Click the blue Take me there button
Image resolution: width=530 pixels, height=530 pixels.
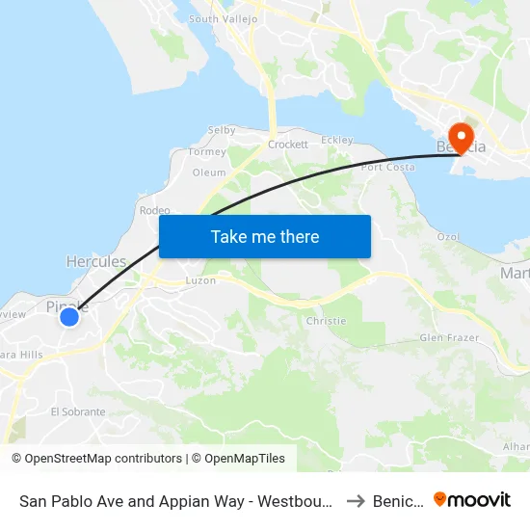pyautogui.click(x=264, y=236)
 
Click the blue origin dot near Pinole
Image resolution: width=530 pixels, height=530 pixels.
pyautogui.click(x=69, y=316)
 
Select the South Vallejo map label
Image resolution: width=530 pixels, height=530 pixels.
pyautogui.click(x=224, y=18)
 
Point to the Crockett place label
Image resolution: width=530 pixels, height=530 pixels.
pyautogui.click(x=288, y=145)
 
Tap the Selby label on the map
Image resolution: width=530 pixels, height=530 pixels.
pyautogui.click(x=222, y=130)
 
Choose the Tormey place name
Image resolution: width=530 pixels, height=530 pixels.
pyautogui.click(x=208, y=152)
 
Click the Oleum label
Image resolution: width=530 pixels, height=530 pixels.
pyautogui.click(x=209, y=173)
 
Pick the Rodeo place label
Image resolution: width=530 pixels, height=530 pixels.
pyautogui.click(x=154, y=210)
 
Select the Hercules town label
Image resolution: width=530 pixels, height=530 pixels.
pyautogui.click(x=95, y=261)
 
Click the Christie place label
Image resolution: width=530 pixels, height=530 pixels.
pyautogui.click(x=325, y=320)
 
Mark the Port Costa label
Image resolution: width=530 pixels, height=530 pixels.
pyautogui.click(x=385, y=168)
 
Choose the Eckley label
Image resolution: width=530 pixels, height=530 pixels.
pyautogui.click(x=336, y=140)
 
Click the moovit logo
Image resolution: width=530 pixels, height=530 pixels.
pyautogui.click(x=472, y=499)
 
